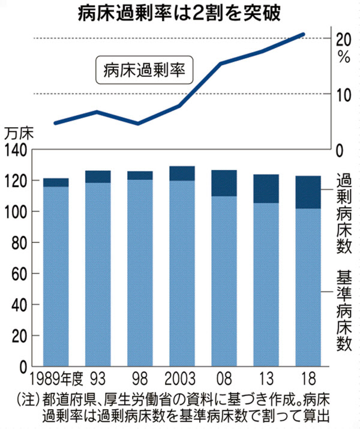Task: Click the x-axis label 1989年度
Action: tap(55, 380)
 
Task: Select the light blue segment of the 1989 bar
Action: tap(56, 276)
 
